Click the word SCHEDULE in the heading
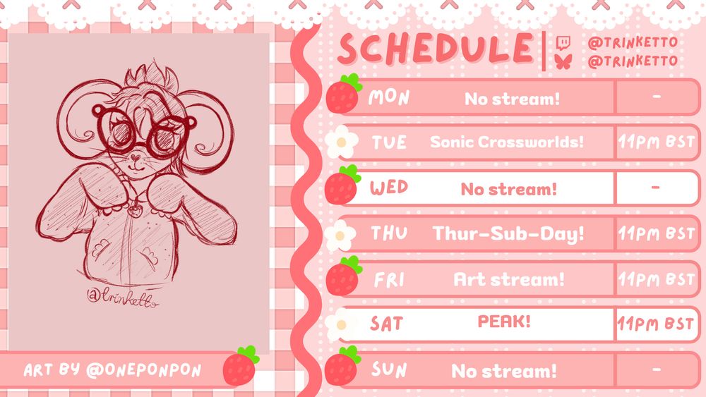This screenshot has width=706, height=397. click(436, 48)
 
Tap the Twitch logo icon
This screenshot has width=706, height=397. click(563, 43)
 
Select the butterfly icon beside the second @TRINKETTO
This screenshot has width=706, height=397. click(563, 61)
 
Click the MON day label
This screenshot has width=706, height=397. click(389, 97)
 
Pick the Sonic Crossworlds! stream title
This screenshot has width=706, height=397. click(506, 142)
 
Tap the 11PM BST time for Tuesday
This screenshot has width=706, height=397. click(656, 142)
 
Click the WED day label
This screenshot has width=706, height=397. click(389, 188)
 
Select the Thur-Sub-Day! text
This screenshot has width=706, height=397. click(508, 233)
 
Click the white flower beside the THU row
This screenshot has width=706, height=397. click(340, 235)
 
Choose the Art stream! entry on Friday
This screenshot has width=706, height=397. click(509, 279)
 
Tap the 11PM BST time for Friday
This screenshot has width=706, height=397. click(656, 280)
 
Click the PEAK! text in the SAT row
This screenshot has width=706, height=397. click(504, 322)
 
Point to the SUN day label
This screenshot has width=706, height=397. click(389, 369)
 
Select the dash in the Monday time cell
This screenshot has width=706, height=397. click(657, 96)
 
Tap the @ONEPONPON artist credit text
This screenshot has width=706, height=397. click(143, 370)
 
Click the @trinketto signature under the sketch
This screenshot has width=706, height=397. click(122, 297)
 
